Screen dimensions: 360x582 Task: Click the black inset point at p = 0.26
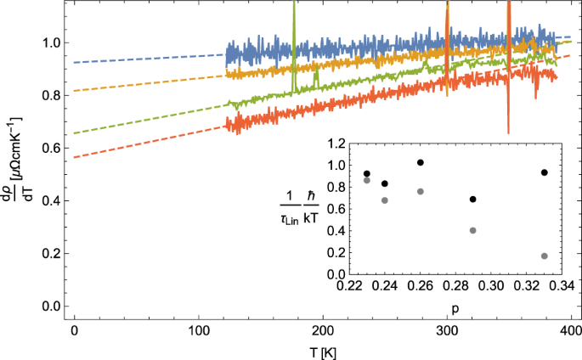point(420,162)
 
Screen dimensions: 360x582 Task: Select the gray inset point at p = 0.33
point(544,256)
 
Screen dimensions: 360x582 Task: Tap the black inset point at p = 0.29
point(473,200)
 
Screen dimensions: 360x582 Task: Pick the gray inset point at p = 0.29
point(473,230)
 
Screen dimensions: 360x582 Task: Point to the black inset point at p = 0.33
point(544,172)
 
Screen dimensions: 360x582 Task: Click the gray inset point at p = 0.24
point(385,200)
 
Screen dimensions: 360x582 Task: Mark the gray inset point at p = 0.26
point(420,191)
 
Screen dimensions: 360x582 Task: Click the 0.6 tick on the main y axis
point(54,148)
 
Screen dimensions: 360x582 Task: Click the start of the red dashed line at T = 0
point(76,157)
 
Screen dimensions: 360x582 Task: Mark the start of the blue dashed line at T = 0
point(76,62)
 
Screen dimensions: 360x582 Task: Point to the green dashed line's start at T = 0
point(76,133)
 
